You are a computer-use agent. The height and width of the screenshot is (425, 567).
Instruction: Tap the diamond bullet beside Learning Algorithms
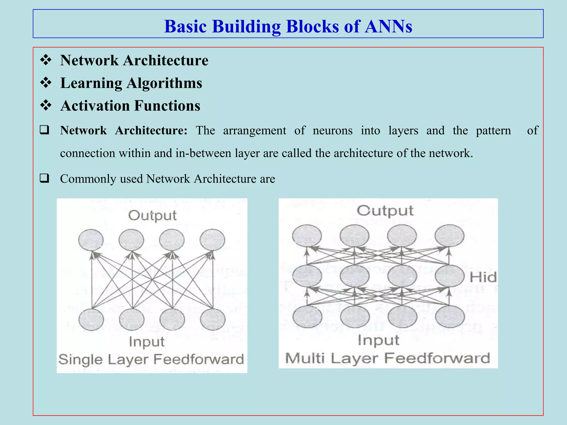(46, 83)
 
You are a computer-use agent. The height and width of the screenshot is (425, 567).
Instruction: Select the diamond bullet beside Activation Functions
(46, 105)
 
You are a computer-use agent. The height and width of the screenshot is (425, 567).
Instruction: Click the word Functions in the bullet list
(167, 106)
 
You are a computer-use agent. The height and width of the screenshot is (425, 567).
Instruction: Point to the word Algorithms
(164, 83)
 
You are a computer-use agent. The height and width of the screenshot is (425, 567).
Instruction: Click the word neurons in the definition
(333, 130)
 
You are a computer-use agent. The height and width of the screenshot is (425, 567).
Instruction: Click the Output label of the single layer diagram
(152, 215)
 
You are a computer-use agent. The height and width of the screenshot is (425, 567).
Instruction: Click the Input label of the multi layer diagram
(378, 340)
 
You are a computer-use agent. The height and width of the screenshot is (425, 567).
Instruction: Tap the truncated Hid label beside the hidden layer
(483, 277)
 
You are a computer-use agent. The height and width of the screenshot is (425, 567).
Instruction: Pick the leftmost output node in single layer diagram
(91, 240)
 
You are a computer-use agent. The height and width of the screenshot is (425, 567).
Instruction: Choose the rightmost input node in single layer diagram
(213, 320)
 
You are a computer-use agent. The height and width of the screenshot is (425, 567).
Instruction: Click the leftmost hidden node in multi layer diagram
(307, 276)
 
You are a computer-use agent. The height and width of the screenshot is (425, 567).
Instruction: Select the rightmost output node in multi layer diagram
(449, 235)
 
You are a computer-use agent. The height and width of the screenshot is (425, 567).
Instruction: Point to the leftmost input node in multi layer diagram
(307, 316)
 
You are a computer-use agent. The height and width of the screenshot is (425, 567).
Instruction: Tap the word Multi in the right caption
(305, 358)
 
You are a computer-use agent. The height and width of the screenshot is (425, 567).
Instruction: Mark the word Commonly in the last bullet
(88, 179)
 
